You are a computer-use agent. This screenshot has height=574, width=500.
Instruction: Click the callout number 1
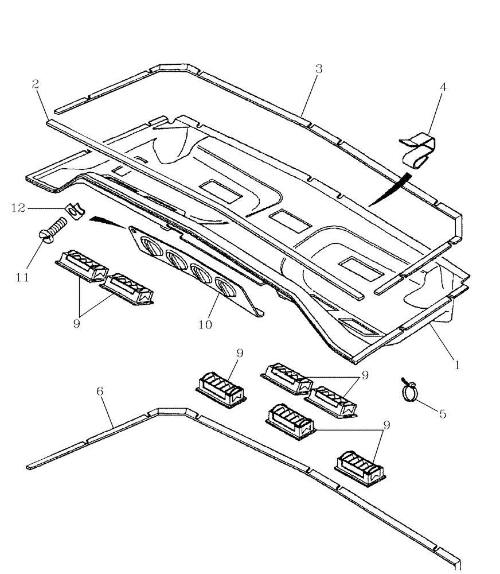(x=457, y=364)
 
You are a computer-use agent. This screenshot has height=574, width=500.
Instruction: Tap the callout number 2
(x=36, y=84)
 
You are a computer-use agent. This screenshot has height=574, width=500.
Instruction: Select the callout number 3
(x=319, y=69)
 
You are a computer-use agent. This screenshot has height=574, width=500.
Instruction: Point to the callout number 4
(x=442, y=87)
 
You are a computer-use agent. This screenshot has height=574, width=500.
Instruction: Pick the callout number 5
(x=442, y=413)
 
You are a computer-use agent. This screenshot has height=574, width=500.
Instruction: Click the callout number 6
(x=100, y=391)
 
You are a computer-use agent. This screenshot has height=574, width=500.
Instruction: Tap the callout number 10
(x=205, y=324)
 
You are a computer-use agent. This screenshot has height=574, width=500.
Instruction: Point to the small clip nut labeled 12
(x=73, y=211)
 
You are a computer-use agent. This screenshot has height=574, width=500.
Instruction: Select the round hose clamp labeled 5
(x=411, y=392)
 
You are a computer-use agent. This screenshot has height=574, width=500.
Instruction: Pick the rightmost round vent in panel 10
(x=223, y=286)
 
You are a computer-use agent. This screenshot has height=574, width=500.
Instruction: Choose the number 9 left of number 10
(x=76, y=323)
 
